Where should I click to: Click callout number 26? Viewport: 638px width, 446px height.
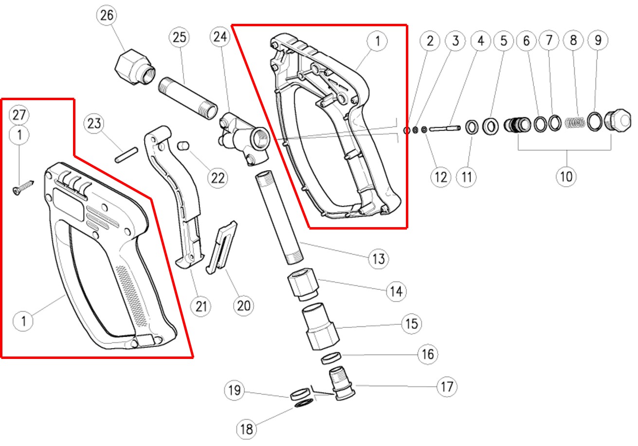[107, 15]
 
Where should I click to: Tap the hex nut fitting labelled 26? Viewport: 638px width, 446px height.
[135, 67]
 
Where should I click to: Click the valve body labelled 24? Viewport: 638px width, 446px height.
[244, 138]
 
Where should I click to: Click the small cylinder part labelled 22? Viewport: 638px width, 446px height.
[183, 145]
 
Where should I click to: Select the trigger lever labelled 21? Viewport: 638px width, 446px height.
[174, 197]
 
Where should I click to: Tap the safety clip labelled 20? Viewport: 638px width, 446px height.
[221, 248]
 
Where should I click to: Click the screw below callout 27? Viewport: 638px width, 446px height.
[23, 188]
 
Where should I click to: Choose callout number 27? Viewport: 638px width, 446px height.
[19, 115]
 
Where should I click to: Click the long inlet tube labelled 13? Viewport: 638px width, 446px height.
[279, 217]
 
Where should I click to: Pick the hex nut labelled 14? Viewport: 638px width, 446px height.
[303, 284]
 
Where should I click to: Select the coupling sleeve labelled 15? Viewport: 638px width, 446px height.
[320, 326]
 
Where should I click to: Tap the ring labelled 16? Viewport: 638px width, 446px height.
[331, 358]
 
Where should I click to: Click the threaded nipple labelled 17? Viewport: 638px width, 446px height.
[342, 384]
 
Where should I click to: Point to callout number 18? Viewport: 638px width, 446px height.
[246, 429]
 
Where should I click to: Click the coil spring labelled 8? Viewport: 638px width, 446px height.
[575, 123]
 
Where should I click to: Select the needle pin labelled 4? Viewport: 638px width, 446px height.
[445, 129]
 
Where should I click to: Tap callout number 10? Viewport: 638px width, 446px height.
[566, 177]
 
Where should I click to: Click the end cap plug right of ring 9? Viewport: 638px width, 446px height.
[617, 121]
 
